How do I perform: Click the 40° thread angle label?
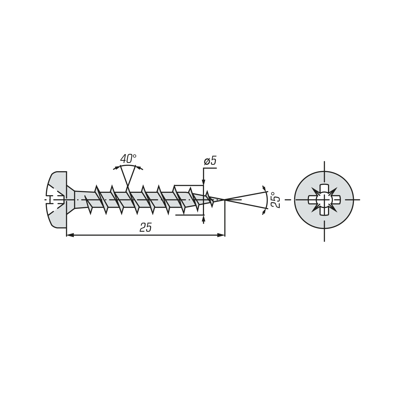pyautogui.click(x=128, y=159)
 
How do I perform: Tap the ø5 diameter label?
pyautogui.click(x=210, y=161)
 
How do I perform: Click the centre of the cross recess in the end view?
pyautogui.click(x=324, y=199)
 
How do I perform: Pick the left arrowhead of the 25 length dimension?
pyautogui.click(x=70, y=235)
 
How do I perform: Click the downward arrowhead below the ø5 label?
pyautogui.click(x=203, y=181)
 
